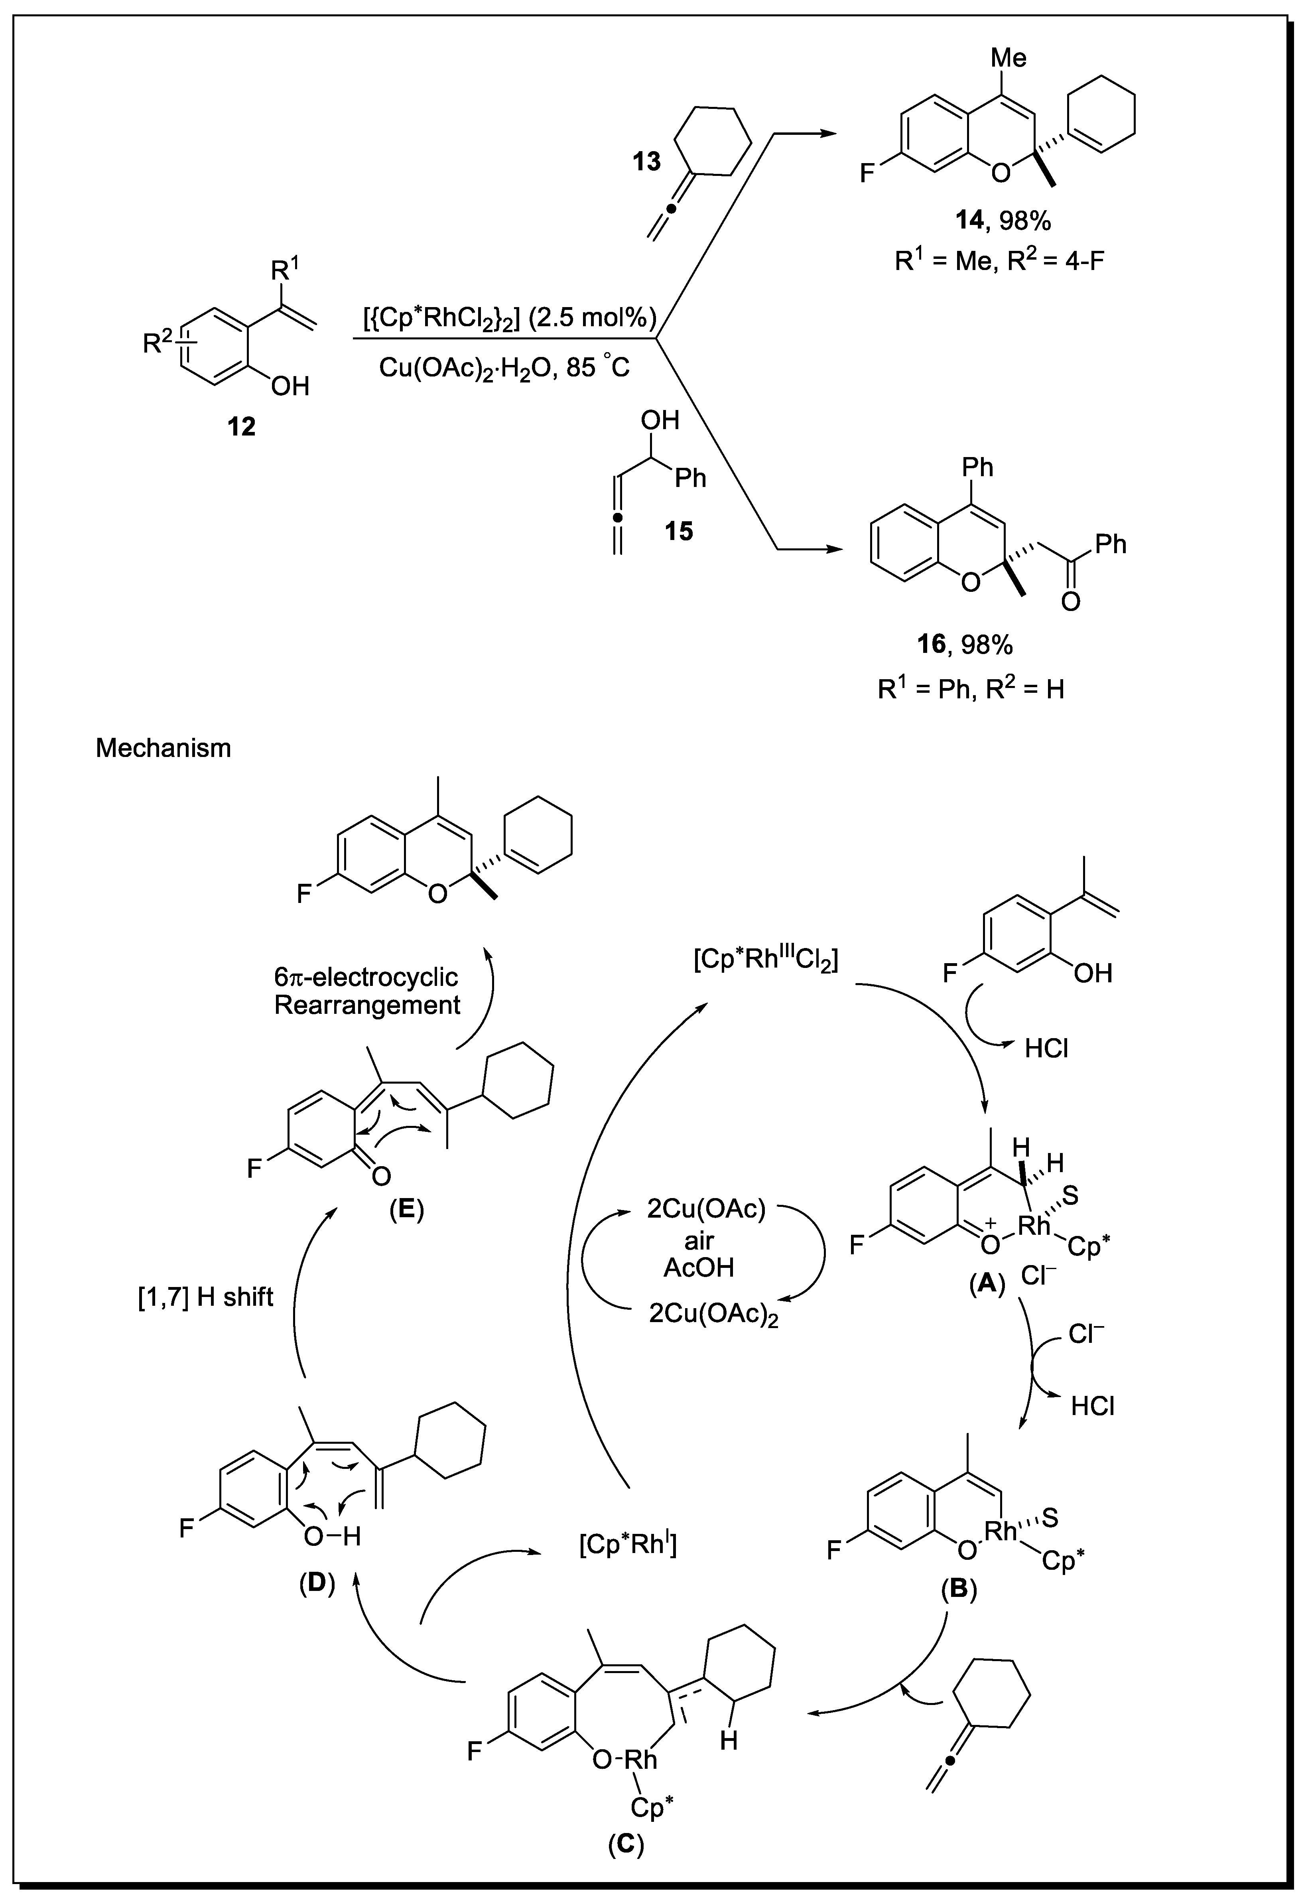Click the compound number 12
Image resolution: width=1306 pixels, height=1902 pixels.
click(x=241, y=426)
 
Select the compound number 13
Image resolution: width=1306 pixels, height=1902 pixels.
click(x=646, y=161)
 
